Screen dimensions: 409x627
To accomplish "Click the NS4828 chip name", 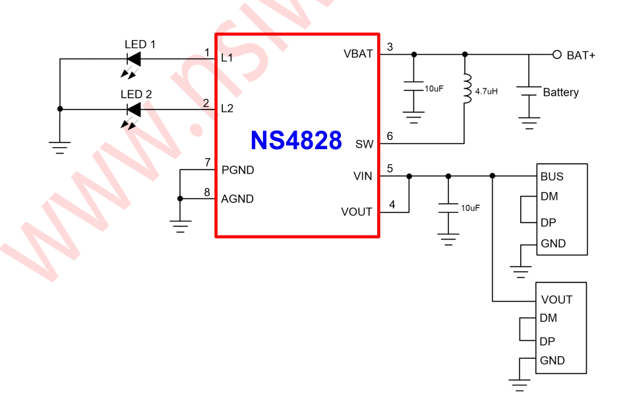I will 296,140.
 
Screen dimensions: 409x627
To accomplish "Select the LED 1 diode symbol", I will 134,59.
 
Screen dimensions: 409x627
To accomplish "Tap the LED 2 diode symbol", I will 134,109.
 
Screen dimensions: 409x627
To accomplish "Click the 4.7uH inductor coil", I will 467,89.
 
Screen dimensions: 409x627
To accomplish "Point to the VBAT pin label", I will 358,53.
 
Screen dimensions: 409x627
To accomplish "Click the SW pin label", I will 364,144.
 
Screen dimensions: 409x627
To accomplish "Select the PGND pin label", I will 237,170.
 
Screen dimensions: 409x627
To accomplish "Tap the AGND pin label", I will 237,199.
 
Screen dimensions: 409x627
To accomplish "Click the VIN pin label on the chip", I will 363,176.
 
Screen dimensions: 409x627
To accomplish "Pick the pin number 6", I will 390,137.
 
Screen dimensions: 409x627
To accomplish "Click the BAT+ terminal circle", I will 556,54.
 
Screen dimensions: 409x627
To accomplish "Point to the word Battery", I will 560,92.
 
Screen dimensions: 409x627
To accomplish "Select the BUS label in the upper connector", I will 552,177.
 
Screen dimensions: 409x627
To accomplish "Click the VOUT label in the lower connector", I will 556,299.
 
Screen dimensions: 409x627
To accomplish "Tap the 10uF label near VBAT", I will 434,88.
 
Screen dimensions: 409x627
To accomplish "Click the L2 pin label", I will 227,108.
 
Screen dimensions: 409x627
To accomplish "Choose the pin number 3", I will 390,47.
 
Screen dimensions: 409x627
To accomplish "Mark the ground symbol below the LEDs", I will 60,146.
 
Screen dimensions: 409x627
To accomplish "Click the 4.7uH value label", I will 486,92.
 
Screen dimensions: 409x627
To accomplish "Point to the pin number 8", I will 207,192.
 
